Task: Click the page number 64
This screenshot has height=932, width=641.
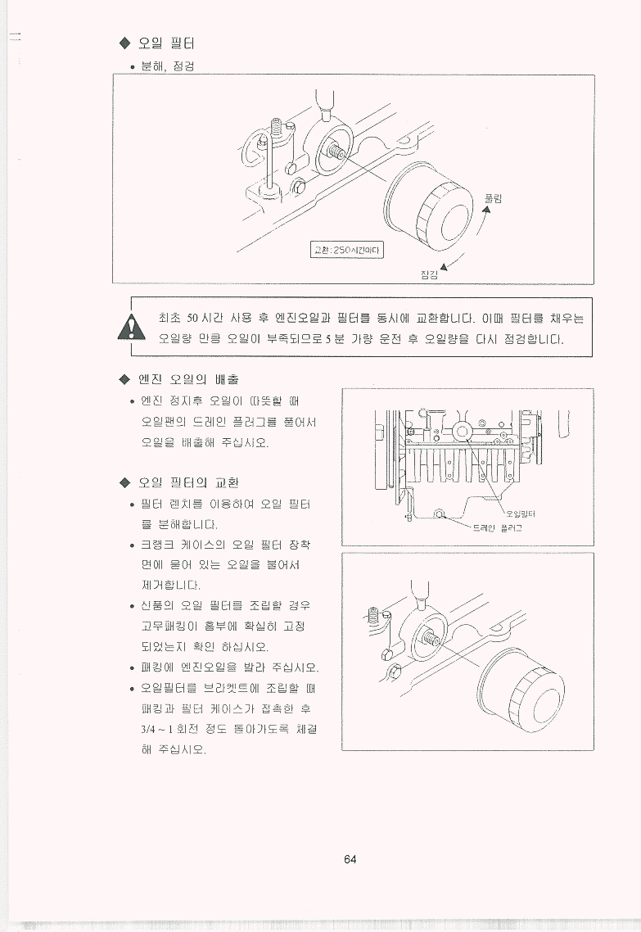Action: coord(350,859)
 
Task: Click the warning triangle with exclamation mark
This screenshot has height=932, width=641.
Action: coord(131,327)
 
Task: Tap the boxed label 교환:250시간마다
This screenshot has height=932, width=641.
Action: coord(348,251)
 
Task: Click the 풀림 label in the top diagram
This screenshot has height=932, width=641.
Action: coord(494,198)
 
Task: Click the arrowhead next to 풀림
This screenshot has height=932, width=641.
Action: coord(486,209)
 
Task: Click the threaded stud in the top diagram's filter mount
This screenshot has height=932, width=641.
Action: coord(336,152)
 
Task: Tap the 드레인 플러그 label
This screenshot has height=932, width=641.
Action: coord(497,527)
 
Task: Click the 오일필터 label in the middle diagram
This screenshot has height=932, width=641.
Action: coord(521,514)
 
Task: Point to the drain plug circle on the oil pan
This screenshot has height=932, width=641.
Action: coord(439,514)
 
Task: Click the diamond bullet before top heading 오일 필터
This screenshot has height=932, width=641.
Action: coord(124,43)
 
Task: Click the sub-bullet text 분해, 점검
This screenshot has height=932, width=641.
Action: coord(168,66)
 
